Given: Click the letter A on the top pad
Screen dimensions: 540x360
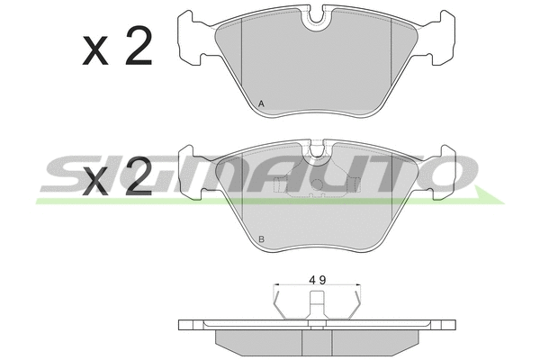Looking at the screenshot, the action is [261, 103].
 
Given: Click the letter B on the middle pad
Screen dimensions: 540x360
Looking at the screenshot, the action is [261, 239].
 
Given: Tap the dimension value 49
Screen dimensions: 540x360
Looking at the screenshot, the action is [317, 280].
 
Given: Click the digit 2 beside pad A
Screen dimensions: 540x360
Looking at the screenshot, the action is [139, 46].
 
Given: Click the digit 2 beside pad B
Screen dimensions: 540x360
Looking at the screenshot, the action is [139, 176].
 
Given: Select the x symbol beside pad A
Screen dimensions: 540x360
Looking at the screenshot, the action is [95, 51].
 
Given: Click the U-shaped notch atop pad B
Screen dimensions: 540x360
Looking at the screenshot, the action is [317, 150].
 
